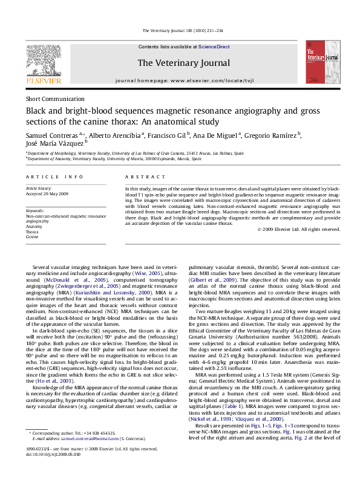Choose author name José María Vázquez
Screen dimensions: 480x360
(x=54, y=143)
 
